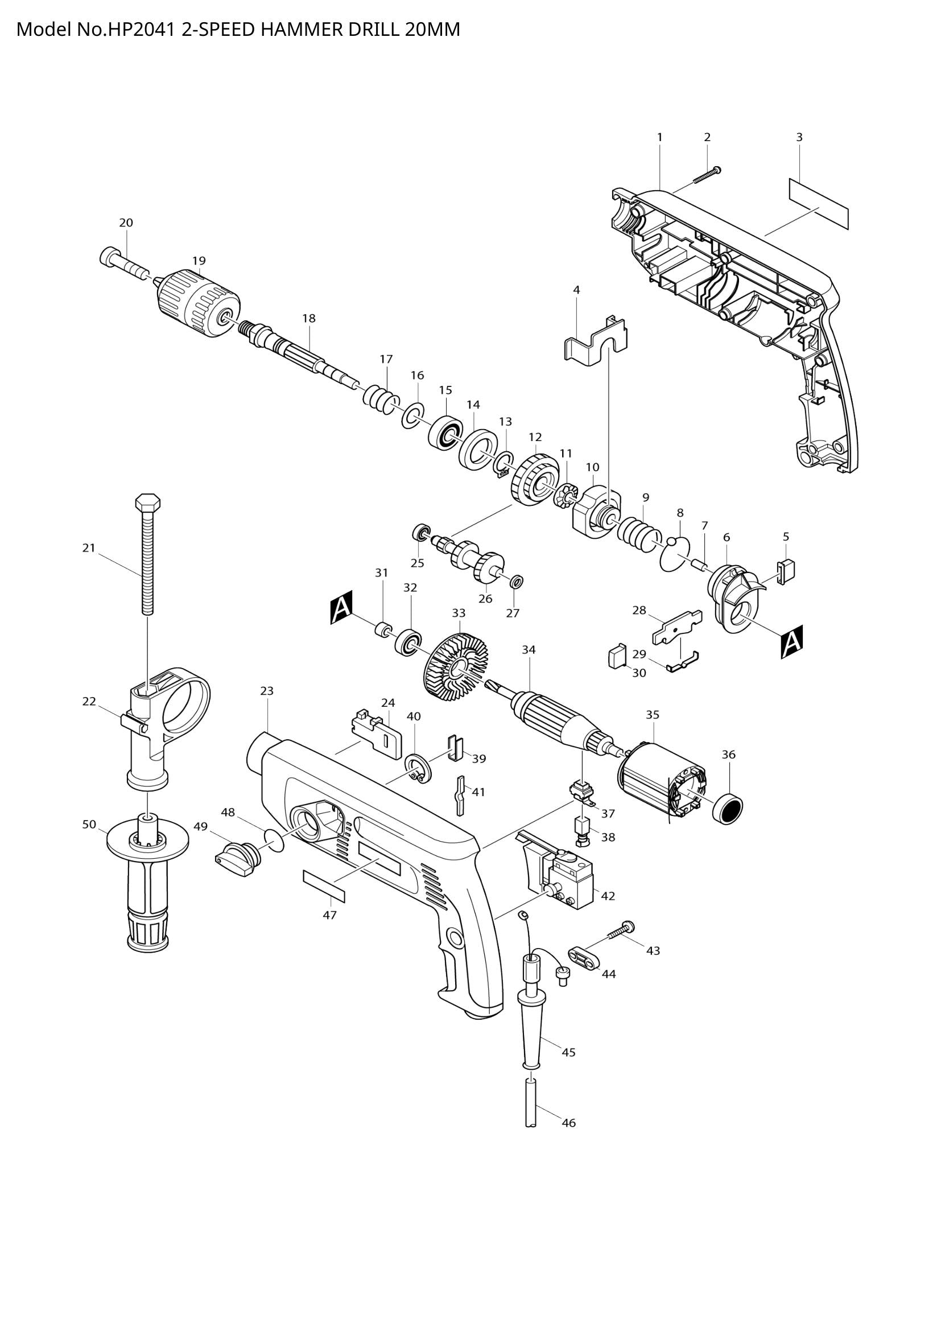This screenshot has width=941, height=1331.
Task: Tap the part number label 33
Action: pos(459,613)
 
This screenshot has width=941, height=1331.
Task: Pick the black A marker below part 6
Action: pos(791,642)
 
